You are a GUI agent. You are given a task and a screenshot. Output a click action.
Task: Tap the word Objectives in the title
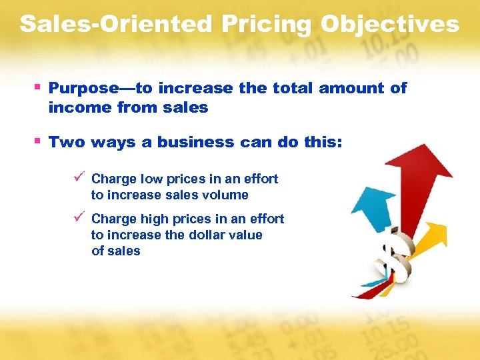click(x=389, y=25)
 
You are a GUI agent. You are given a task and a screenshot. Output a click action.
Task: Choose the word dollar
click(x=207, y=235)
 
